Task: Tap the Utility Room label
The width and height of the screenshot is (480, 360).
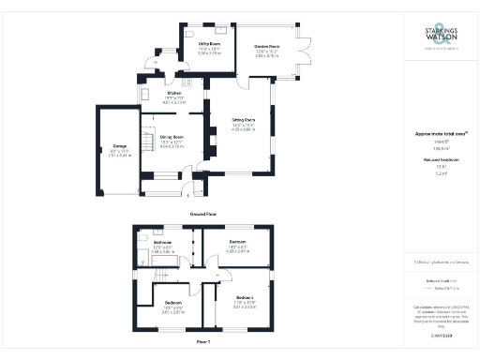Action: (x=196, y=44)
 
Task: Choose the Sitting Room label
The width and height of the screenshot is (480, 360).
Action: (x=244, y=120)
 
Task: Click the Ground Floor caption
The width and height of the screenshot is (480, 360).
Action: (x=204, y=215)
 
